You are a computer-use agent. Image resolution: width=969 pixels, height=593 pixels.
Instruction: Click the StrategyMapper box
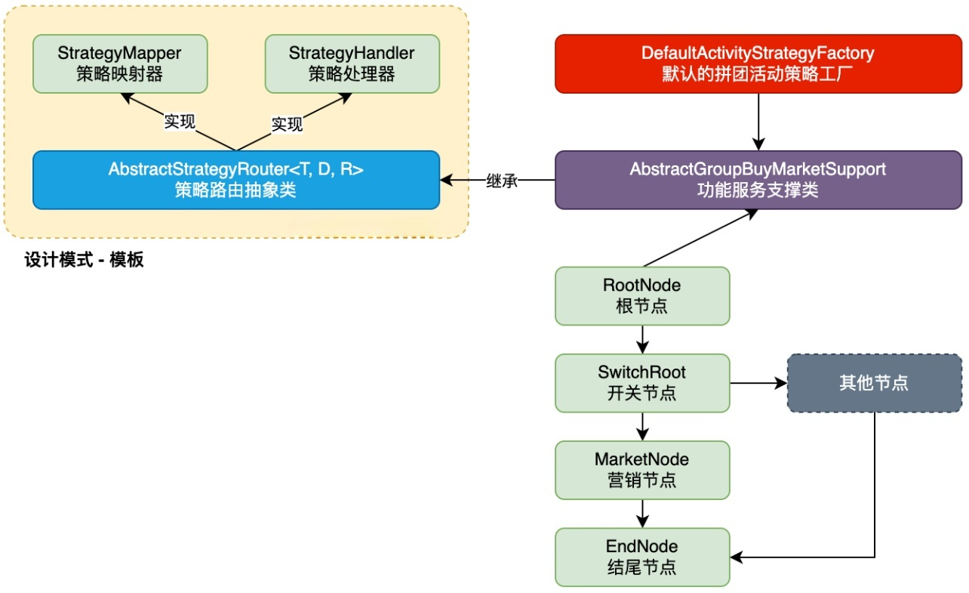click(x=119, y=63)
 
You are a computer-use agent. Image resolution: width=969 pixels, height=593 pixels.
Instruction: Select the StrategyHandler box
click(x=352, y=63)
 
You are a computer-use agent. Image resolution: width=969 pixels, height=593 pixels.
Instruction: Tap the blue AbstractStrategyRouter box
click(x=235, y=180)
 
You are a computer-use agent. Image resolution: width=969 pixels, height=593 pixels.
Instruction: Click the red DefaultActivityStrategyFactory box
click(x=758, y=63)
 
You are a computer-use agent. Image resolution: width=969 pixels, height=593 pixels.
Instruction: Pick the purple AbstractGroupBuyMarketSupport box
click(x=758, y=180)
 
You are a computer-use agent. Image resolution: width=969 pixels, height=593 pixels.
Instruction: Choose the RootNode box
click(x=642, y=296)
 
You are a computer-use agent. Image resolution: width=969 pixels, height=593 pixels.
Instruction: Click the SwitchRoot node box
click(x=642, y=383)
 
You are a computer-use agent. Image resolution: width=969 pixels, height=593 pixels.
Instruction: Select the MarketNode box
click(x=642, y=470)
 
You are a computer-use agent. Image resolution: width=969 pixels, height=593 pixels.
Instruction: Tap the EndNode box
click(x=642, y=557)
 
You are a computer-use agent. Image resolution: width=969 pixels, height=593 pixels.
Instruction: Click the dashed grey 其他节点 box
click(x=874, y=383)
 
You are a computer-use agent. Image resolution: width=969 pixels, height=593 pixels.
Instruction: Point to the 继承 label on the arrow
click(x=502, y=181)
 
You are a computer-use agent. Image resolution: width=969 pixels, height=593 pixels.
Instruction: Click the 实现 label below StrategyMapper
click(x=180, y=122)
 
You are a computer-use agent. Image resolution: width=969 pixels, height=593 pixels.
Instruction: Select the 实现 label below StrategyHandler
click(x=287, y=123)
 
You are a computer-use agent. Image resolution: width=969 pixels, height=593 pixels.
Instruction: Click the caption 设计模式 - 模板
click(x=84, y=261)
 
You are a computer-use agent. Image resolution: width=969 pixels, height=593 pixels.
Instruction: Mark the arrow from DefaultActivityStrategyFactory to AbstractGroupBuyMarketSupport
click(x=758, y=122)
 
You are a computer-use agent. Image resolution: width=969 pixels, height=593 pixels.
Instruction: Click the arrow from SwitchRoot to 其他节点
click(x=758, y=383)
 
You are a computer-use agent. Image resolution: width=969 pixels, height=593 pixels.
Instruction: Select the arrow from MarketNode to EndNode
click(x=642, y=513)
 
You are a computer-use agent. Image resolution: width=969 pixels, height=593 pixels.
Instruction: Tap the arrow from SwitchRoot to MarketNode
click(x=642, y=426)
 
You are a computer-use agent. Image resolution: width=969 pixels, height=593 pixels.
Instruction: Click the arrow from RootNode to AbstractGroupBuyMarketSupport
click(x=698, y=238)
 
